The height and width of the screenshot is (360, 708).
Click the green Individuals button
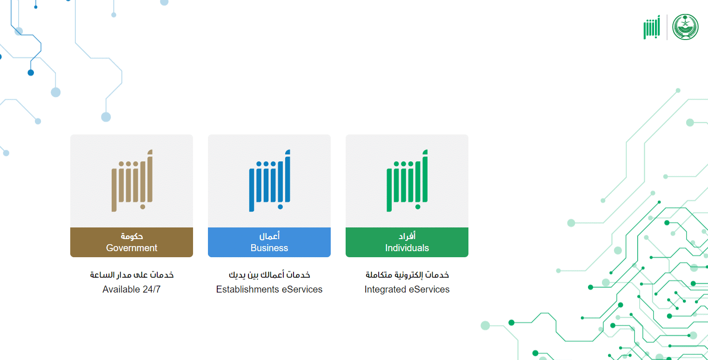coord(407,242)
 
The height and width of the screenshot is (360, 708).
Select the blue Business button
coord(269,242)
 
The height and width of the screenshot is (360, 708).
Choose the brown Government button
coord(131,242)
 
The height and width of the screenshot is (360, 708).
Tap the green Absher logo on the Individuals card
coord(407,181)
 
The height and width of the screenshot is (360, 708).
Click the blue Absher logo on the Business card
coord(269,181)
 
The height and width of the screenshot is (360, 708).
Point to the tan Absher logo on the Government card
coord(132,181)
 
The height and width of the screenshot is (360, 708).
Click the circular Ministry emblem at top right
coord(685,27)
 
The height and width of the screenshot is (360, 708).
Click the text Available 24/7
coord(132,289)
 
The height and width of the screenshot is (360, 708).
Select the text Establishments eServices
coord(269,289)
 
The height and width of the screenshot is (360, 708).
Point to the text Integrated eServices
coord(407,289)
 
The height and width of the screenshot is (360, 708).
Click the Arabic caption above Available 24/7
coord(132,275)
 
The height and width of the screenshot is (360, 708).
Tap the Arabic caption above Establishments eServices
coord(269,275)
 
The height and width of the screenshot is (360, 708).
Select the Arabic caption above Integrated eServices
coord(407,275)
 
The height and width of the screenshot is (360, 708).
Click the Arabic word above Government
coord(132,236)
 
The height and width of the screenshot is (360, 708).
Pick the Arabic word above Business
coord(269,236)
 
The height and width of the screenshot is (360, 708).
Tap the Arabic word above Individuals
coord(407,236)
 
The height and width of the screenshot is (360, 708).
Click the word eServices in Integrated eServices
coord(429,289)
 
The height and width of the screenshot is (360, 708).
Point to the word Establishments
coord(247,289)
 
